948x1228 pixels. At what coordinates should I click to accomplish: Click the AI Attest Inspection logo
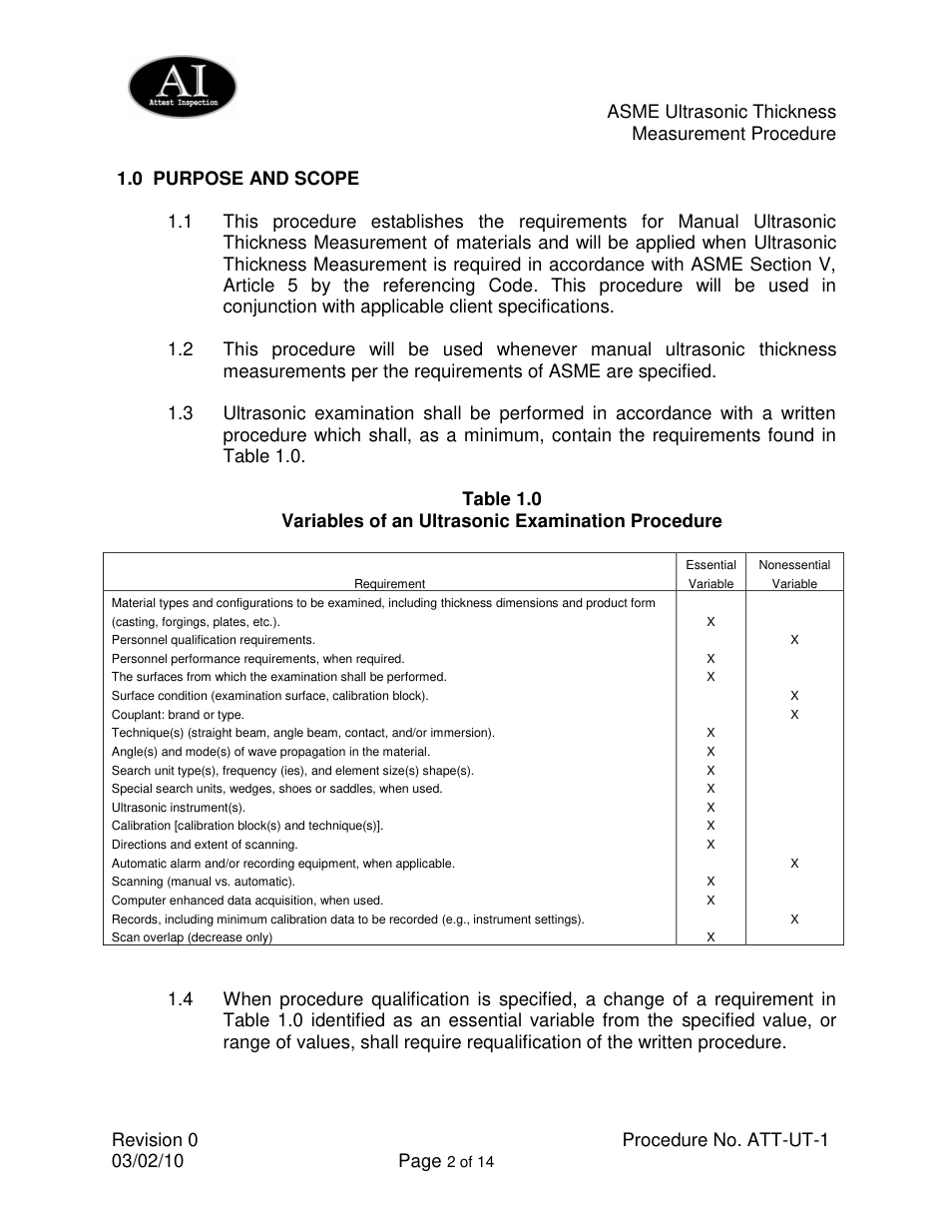183,88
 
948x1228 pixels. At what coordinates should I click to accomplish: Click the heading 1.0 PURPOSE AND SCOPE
237,179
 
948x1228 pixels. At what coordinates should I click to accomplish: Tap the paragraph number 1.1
181,222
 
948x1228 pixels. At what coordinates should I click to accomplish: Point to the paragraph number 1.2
181,349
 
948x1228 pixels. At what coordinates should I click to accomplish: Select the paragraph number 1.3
181,413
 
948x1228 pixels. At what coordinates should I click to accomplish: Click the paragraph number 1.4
181,999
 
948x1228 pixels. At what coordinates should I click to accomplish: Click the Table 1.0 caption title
501,499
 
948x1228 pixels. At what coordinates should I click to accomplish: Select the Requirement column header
389,584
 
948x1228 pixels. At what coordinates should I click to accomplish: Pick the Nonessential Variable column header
794,574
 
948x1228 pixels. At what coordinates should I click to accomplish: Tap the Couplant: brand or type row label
178,715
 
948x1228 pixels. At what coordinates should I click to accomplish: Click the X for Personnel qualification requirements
794,640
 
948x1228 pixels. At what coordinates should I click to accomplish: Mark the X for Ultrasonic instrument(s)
711,808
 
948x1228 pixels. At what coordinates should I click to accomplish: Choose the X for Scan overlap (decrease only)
711,937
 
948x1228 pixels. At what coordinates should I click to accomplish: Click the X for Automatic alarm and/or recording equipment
794,864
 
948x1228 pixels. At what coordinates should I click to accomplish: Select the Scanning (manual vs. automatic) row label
204,882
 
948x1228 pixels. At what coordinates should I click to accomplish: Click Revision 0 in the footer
155,1140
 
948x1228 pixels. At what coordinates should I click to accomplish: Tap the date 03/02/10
148,1161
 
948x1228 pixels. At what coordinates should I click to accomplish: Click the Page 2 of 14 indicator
446,1161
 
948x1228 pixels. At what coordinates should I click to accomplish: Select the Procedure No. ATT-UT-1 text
725,1140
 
